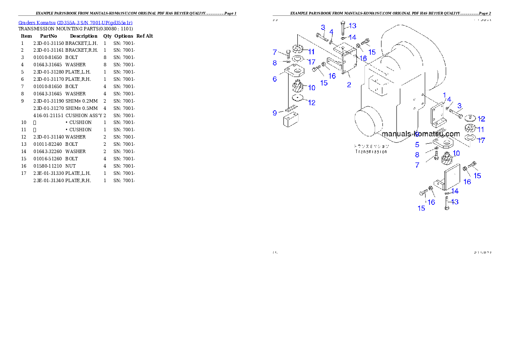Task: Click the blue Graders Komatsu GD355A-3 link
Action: point(75,23)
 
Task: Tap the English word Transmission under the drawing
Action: point(371,152)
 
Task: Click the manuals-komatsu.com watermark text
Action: point(420,134)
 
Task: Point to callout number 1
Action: point(444,95)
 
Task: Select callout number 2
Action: point(349,85)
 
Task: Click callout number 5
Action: point(417,145)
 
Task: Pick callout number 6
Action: point(275,79)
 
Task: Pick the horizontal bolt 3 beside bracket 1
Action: point(455,113)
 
